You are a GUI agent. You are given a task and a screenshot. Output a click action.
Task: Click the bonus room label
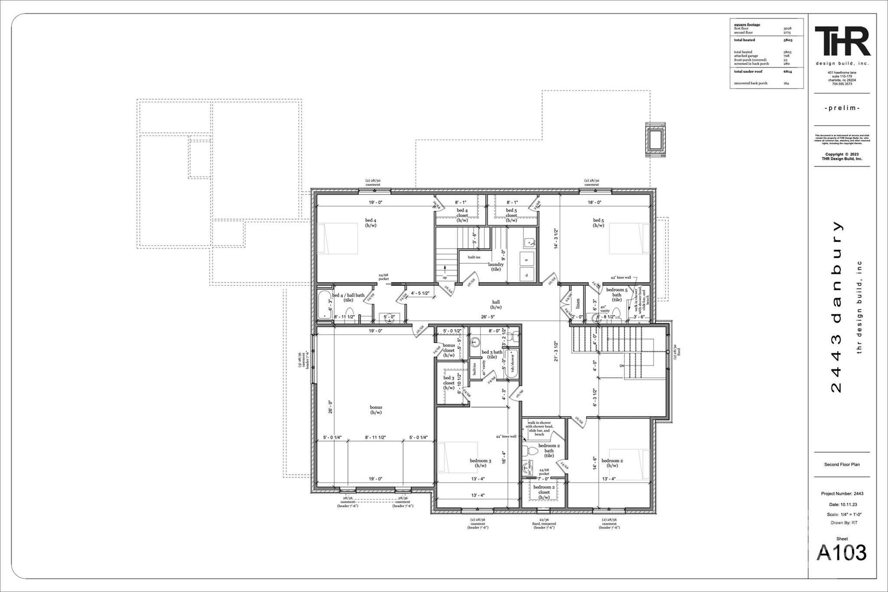pyautogui.click(x=375, y=410)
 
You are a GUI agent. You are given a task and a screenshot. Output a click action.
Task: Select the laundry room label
pyautogui.click(x=496, y=267)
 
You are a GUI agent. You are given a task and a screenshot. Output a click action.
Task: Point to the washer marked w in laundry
pyautogui.click(x=526, y=260)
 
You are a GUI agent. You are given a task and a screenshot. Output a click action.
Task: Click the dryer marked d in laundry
pyautogui.click(x=526, y=275)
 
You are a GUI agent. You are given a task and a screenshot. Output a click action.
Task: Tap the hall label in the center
pyautogui.click(x=496, y=304)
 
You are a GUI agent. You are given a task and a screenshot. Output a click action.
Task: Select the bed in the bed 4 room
pyautogui.click(x=338, y=239)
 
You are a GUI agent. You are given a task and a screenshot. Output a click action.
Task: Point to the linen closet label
pyautogui.click(x=578, y=303)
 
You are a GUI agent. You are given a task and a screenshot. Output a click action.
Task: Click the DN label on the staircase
pyautogui.click(x=622, y=366)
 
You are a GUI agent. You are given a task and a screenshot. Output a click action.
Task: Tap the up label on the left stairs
pyautogui.click(x=444, y=278)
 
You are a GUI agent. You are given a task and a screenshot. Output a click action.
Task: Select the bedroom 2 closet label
pyautogui.click(x=544, y=492)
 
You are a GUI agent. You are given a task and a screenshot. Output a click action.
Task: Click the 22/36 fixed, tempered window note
pyautogui.click(x=544, y=523)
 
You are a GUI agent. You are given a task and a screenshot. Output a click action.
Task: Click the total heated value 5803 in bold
pyautogui.click(x=787, y=40)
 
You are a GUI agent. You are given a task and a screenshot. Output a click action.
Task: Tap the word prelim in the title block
pyautogui.click(x=842, y=108)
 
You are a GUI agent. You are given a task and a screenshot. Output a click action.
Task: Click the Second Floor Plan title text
pyautogui.click(x=842, y=464)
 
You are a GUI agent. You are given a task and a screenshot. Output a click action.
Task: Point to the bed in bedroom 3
pyautogui.click(x=458, y=457)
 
